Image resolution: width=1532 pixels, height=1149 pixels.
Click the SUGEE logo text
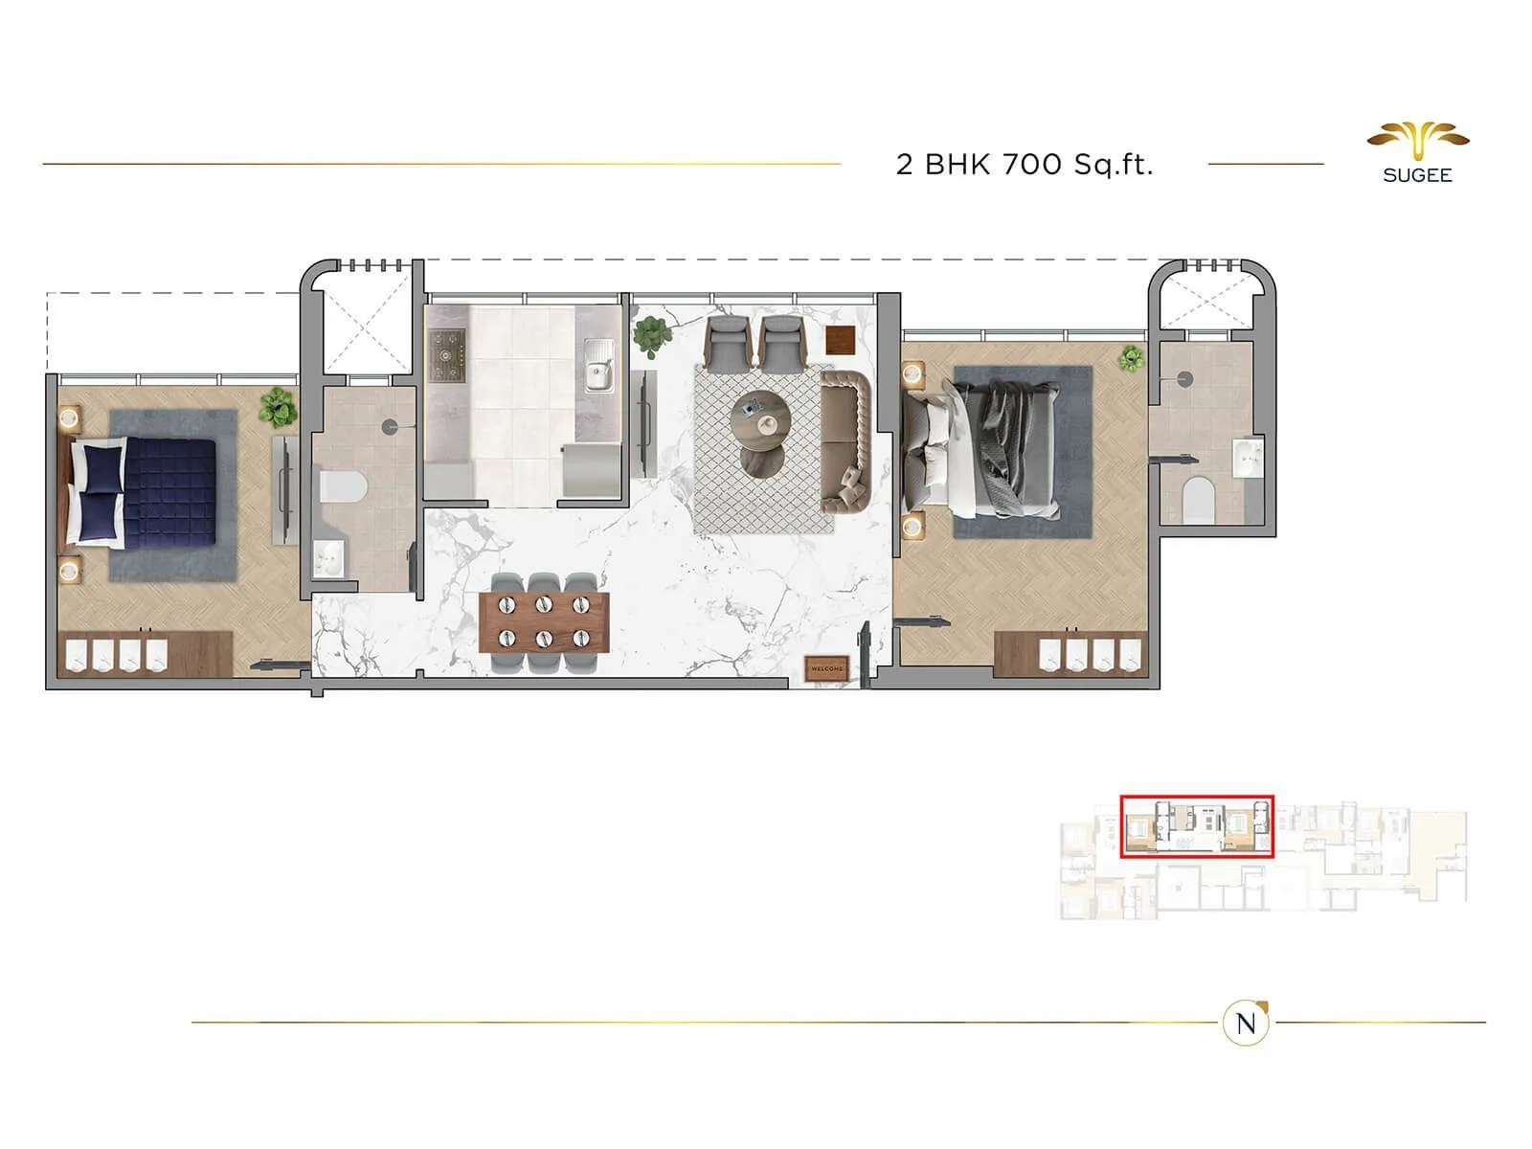[x=1417, y=175]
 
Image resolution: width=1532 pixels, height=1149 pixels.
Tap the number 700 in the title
[x=1032, y=165]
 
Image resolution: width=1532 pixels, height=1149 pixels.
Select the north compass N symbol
[x=1246, y=1023]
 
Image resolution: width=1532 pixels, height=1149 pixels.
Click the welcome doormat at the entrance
[x=826, y=668]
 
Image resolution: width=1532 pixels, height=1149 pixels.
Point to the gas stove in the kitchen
[x=446, y=356]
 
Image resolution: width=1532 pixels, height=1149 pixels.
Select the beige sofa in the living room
[x=846, y=441]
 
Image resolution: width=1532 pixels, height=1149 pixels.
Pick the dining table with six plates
[x=544, y=620]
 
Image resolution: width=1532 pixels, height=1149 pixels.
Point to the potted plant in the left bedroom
[x=278, y=407]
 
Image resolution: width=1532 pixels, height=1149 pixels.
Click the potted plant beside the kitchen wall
[x=652, y=335]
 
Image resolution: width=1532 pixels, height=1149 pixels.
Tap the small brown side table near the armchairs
[x=840, y=340]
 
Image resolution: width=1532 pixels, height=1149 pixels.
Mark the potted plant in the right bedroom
[x=1132, y=358]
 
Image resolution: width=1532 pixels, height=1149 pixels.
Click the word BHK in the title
[x=957, y=165]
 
